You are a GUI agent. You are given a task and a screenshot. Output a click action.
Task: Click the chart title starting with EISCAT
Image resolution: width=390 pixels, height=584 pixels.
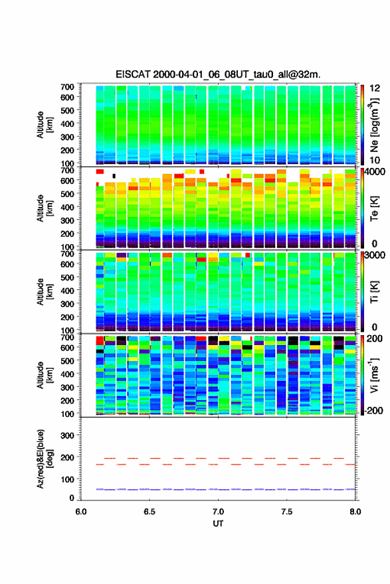(218, 74)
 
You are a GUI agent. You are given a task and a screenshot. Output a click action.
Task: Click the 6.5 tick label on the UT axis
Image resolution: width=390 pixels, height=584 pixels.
(149, 512)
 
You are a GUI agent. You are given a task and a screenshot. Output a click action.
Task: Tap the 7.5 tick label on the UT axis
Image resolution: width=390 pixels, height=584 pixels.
(287, 512)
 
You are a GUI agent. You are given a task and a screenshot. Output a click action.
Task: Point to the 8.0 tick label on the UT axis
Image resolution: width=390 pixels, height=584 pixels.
(355, 512)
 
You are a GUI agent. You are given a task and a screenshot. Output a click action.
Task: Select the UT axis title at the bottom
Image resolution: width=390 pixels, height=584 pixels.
(218, 524)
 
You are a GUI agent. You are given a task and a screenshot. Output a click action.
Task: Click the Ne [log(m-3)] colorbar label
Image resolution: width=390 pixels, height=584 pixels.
(375, 125)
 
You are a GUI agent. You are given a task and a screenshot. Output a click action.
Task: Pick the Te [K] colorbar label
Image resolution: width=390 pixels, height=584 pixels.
(374, 208)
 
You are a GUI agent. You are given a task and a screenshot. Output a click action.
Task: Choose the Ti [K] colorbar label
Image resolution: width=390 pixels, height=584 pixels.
(374, 292)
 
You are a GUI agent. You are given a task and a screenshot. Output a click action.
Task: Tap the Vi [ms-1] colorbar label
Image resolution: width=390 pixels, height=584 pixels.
(374, 375)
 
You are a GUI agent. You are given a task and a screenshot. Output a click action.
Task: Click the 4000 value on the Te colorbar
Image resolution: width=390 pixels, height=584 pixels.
(375, 172)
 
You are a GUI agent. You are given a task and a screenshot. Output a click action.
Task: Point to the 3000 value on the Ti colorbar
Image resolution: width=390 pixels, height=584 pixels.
(375, 255)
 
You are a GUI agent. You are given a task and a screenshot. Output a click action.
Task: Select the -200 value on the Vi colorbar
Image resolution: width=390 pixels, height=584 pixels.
(373, 410)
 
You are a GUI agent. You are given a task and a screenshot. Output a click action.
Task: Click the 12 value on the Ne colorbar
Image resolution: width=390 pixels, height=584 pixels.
(375, 88)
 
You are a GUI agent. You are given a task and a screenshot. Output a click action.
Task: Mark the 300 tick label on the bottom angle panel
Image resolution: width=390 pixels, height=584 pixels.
(68, 435)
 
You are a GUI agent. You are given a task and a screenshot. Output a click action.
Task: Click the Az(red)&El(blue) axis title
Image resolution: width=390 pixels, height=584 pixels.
(45, 459)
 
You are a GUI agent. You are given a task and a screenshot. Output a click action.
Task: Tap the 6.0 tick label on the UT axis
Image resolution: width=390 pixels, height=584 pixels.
(81, 512)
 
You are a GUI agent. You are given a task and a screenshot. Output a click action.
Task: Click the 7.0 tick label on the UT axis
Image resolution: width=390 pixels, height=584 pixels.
(218, 512)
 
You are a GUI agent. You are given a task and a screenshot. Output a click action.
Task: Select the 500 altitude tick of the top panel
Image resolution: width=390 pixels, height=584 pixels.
(68, 110)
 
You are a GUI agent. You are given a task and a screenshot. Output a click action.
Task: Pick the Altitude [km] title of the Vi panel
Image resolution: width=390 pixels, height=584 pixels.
(45, 375)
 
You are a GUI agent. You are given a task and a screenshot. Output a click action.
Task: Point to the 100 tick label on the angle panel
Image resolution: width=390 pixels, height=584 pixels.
(68, 479)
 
